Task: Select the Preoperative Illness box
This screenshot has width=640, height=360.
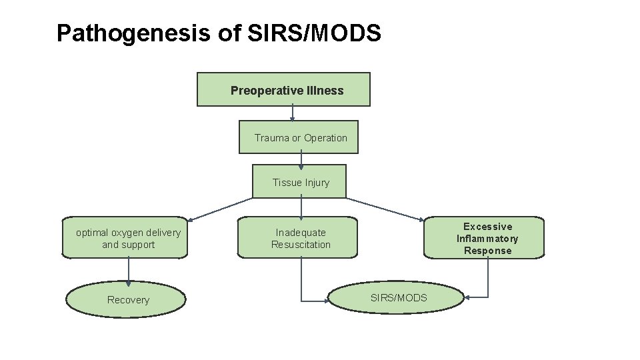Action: pyautogui.click(x=283, y=90)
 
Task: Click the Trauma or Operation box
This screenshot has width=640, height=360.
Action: pyautogui.click(x=299, y=137)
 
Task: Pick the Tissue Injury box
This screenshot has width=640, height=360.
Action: pyautogui.click(x=299, y=182)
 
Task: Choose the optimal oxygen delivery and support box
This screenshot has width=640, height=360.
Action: pyautogui.click(x=125, y=238)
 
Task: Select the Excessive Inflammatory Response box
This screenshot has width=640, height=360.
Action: pyautogui.click(x=485, y=238)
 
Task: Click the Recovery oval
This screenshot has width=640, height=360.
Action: pyautogui.click(x=127, y=299)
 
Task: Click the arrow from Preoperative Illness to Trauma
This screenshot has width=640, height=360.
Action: pyautogui.click(x=293, y=113)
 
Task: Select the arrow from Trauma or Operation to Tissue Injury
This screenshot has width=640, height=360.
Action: pyautogui.click(x=301, y=159)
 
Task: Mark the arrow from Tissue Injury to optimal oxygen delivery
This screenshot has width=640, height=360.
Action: pyautogui.click(x=220, y=209)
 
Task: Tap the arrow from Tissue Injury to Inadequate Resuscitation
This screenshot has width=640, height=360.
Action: pyautogui.click(x=301, y=207)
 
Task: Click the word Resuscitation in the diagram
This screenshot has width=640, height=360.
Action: pyautogui.click(x=301, y=245)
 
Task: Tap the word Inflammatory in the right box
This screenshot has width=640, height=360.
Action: pyautogui.click(x=487, y=239)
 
